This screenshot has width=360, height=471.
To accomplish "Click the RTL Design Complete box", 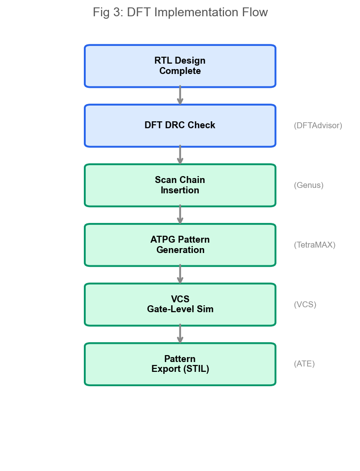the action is [x=180, y=66].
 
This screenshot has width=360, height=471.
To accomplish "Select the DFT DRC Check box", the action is [x=180, y=126].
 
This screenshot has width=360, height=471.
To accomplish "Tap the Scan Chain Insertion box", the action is [x=180, y=185].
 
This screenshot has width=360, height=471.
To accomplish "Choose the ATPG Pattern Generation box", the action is [x=180, y=245].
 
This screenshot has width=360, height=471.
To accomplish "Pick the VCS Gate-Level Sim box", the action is [x=180, y=304].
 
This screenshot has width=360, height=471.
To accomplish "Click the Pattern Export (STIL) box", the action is [x=180, y=364].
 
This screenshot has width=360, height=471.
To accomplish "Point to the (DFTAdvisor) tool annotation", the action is [x=318, y=126].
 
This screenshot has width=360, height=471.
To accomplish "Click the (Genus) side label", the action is [x=309, y=185].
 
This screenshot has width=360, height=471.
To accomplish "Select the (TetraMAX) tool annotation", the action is [x=315, y=245].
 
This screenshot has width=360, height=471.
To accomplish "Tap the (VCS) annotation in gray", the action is [x=305, y=304].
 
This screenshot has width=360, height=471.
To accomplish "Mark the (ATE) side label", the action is [x=304, y=364].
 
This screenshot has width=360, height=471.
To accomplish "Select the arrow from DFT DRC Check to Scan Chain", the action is [x=180, y=155].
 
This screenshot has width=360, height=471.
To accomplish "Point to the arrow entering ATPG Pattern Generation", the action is [x=180, y=215].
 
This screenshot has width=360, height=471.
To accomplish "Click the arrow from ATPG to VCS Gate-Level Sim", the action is [x=180, y=274].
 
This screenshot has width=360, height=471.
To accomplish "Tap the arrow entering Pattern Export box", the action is [x=180, y=334].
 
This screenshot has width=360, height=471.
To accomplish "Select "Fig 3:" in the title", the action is [x=108, y=13].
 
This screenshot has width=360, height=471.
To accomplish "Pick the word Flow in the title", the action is [x=256, y=12].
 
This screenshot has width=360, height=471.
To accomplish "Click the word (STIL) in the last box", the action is [x=196, y=369].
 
